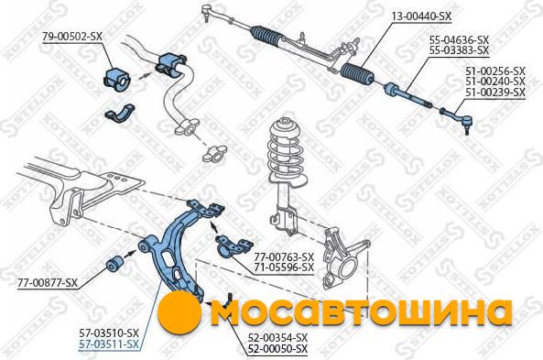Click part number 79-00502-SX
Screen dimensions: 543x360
pyautogui.click(x=72, y=37)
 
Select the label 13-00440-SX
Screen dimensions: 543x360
pyautogui.click(x=421, y=16)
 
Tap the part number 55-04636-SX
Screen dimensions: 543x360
pyautogui.click(x=459, y=39)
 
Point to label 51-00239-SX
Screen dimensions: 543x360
pyautogui.click(x=495, y=93)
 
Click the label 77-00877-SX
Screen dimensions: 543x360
pyautogui.click(x=48, y=283)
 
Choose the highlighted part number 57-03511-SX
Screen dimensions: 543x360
pyautogui.click(x=109, y=344)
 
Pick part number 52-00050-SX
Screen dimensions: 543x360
pyautogui.click(x=277, y=349)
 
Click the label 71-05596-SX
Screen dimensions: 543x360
pyautogui.click(x=284, y=267)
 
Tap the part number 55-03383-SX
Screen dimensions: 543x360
pyautogui.click(x=459, y=50)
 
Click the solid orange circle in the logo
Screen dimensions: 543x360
pyautogui.click(x=179, y=312)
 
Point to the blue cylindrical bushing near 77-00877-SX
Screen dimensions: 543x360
pyautogui.click(x=114, y=264)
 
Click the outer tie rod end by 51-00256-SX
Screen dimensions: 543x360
pyautogui.click(x=457, y=118)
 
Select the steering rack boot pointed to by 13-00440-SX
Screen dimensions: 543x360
pyautogui.click(x=357, y=74)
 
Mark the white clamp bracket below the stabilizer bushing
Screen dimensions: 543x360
pyautogui.click(x=119, y=113)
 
